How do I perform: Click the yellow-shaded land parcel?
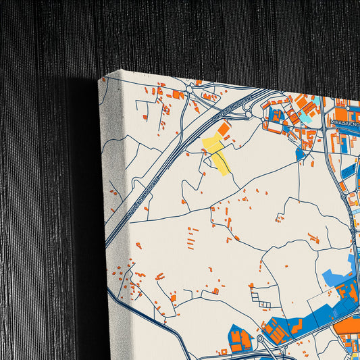click(x=217, y=152)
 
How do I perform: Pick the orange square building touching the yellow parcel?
click(x=224, y=128)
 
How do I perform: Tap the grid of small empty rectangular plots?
click(x=258, y=294)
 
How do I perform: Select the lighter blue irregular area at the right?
click(x=338, y=277)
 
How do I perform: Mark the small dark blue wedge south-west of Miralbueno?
click(x=300, y=154)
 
